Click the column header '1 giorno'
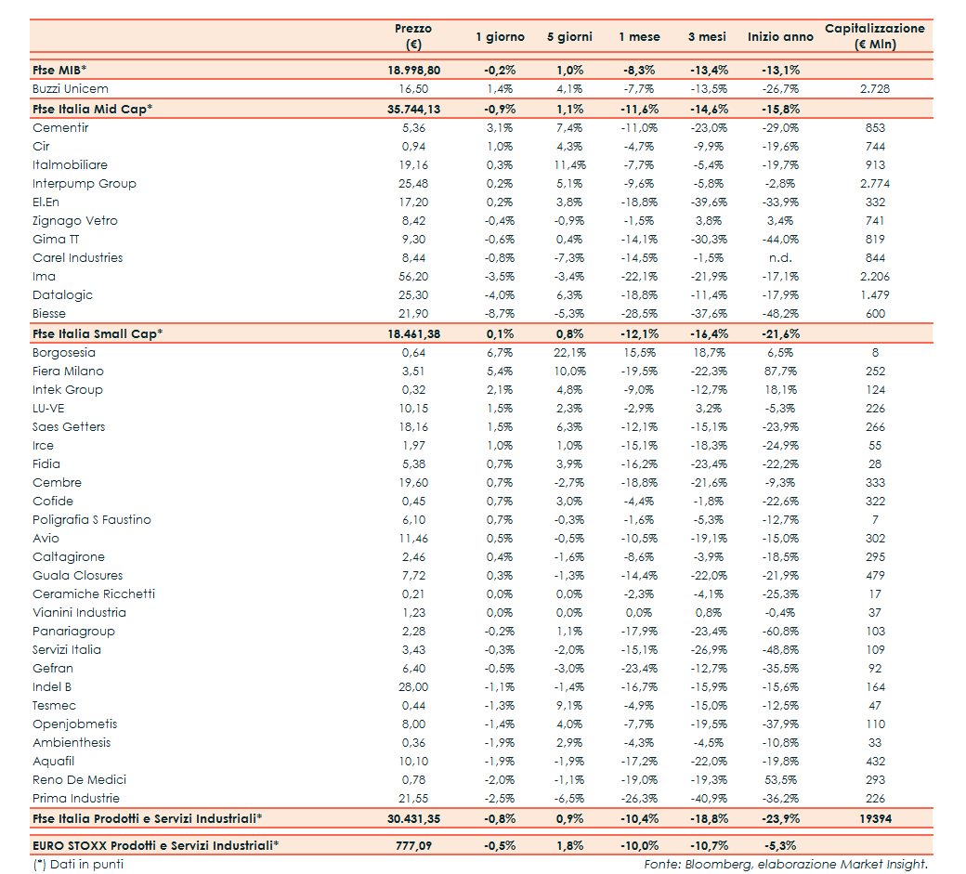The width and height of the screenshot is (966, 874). [x=500, y=37]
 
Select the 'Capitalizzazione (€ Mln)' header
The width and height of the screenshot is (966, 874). [x=874, y=36]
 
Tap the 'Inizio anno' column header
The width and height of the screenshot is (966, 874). [x=780, y=37]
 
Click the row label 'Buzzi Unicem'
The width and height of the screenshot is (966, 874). [x=71, y=89]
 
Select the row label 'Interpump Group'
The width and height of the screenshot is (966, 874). [x=85, y=184]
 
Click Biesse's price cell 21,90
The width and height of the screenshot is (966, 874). [x=413, y=314]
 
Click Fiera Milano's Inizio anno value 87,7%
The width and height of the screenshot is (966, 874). [x=780, y=372]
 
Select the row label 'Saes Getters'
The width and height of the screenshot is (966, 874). [x=69, y=427]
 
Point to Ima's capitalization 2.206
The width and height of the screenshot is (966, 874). [x=874, y=277]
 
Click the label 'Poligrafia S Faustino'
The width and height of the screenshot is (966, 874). [x=91, y=520]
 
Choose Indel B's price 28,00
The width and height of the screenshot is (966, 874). [x=413, y=687]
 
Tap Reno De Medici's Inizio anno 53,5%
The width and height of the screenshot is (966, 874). [x=780, y=780]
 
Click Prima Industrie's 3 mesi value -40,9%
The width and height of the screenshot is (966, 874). [x=711, y=799]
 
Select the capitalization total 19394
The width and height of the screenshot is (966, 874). [x=874, y=818]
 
